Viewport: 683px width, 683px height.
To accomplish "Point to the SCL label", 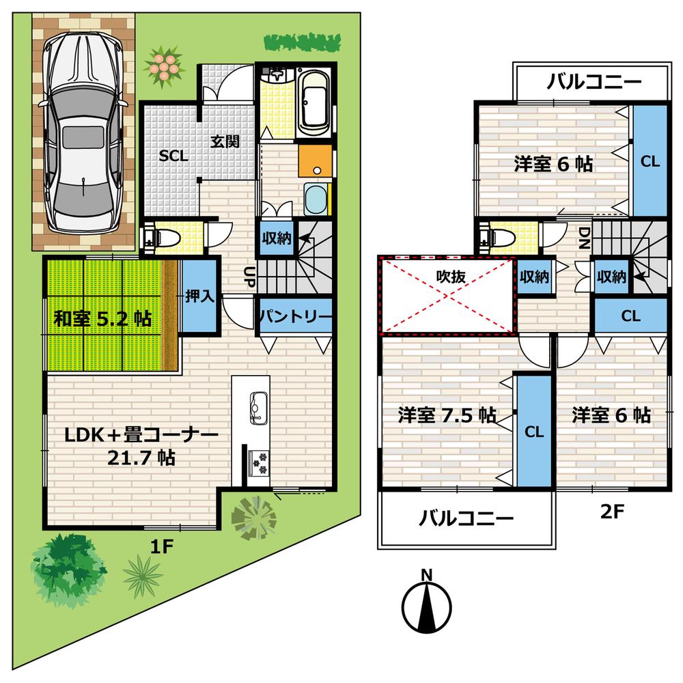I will pos(173,156).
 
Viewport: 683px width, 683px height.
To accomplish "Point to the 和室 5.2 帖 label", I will pos(103,318).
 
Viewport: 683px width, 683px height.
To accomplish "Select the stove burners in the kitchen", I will pos(260,462).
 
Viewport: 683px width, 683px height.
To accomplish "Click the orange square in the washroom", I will pos(314,161).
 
